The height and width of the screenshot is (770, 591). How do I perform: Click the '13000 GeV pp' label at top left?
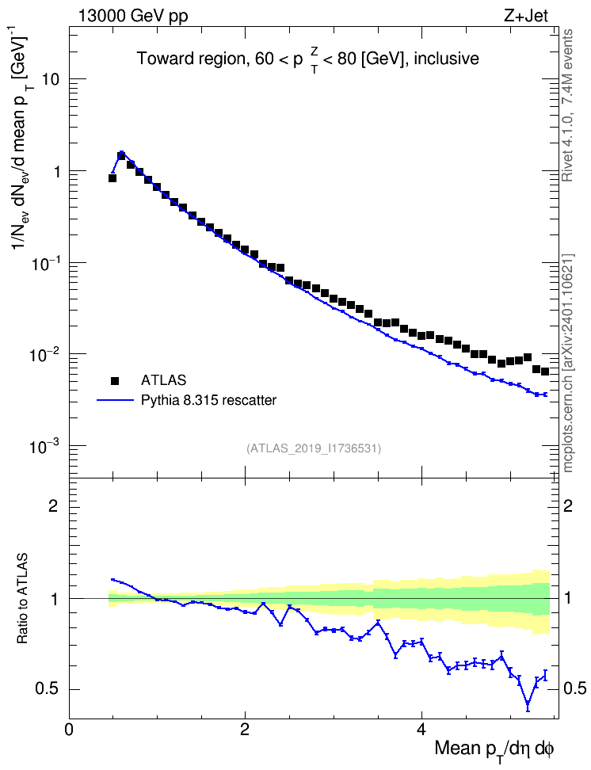(x=132, y=16)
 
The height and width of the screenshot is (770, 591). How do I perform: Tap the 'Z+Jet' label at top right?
(x=526, y=16)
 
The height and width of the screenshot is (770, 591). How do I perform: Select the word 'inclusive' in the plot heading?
(x=447, y=59)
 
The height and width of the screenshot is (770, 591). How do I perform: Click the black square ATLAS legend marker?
(x=115, y=380)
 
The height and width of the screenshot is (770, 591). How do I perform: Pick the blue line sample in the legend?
(x=116, y=400)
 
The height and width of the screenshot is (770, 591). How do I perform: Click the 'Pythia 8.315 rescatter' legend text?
(x=209, y=400)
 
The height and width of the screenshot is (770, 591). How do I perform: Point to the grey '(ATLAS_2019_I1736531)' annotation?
(x=314, y=448)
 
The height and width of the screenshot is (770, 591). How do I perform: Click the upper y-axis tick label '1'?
(x=56, y=171)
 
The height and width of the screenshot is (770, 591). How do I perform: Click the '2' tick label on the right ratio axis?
(x=568, y=505)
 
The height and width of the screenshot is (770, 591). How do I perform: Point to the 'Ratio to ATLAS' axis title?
(x=22, y=598)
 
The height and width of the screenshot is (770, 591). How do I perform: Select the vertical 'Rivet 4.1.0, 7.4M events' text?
(x=567, y=105)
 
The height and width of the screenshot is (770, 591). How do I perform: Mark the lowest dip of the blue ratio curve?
(x=528, y=705)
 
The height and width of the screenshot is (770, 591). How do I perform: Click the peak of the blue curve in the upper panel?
(x=121, y=152)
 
